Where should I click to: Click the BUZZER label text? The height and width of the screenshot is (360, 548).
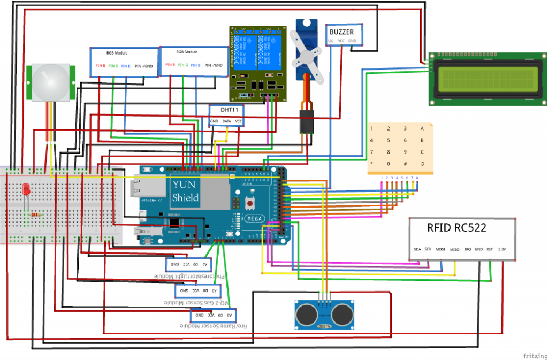[x=341, y=32]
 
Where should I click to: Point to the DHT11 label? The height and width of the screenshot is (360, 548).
[x=226, y=110]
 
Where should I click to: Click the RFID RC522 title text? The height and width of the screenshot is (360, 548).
[x=456, y=227]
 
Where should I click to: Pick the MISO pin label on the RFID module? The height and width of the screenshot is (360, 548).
[x=454, y=249]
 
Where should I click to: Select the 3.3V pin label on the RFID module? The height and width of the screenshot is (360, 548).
[x=501, y=249]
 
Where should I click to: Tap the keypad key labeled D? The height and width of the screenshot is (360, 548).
[x=422, y=163]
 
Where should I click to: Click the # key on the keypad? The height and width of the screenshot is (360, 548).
[x=405, y=163]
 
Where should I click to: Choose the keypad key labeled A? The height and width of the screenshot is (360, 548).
[x=422, y=128]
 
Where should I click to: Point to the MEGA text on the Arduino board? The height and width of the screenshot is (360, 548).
[x=253, y=218]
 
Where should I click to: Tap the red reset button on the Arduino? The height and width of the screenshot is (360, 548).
[x=249, y=204]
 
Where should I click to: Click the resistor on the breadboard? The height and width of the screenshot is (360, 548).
[x=36, y=215]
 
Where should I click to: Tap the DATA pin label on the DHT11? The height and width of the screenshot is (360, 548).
[x=226, y=121]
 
